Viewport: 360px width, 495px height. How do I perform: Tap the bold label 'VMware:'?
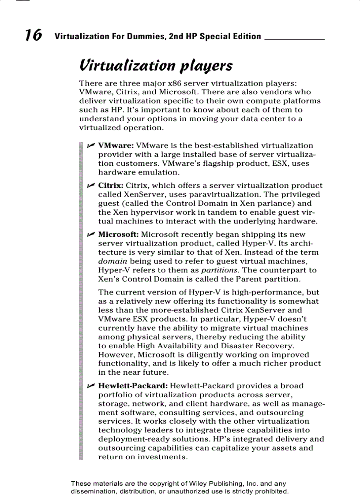point(116,145)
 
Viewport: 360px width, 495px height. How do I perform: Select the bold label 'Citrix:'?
point(111,185)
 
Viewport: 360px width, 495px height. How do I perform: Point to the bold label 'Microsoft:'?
point(118,234)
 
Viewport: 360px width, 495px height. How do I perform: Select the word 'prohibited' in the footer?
point(273,491)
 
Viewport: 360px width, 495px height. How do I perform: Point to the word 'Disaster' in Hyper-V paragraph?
point(212,346)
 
